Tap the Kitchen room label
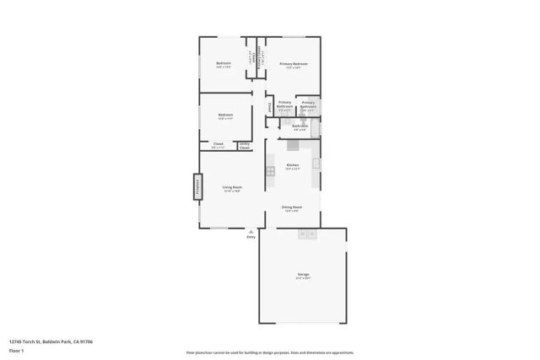tap(292, 164)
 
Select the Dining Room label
tap(292, 207)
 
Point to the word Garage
tap(303, 274)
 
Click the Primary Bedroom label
tap(294, 64)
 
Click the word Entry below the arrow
tap(251, 238)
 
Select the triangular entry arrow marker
tap(251, 231)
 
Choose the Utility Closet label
tap(244, 146)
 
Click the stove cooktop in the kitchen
tap(271, 171)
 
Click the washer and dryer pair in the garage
tap(306, 234)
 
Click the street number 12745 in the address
tap(17, 341)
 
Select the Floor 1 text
tap(16, 350)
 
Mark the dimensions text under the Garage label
tap(303, 278)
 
